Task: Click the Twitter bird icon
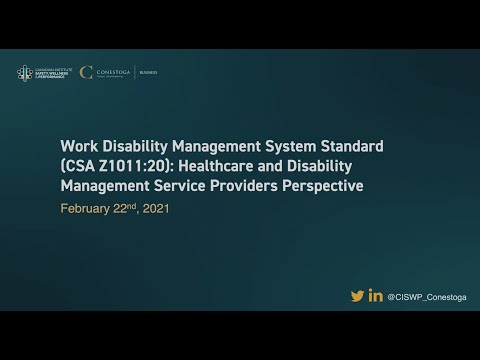(x=357, y=295)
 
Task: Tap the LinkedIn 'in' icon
(x=376, y=295)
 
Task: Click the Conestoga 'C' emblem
(x=87, y=72)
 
